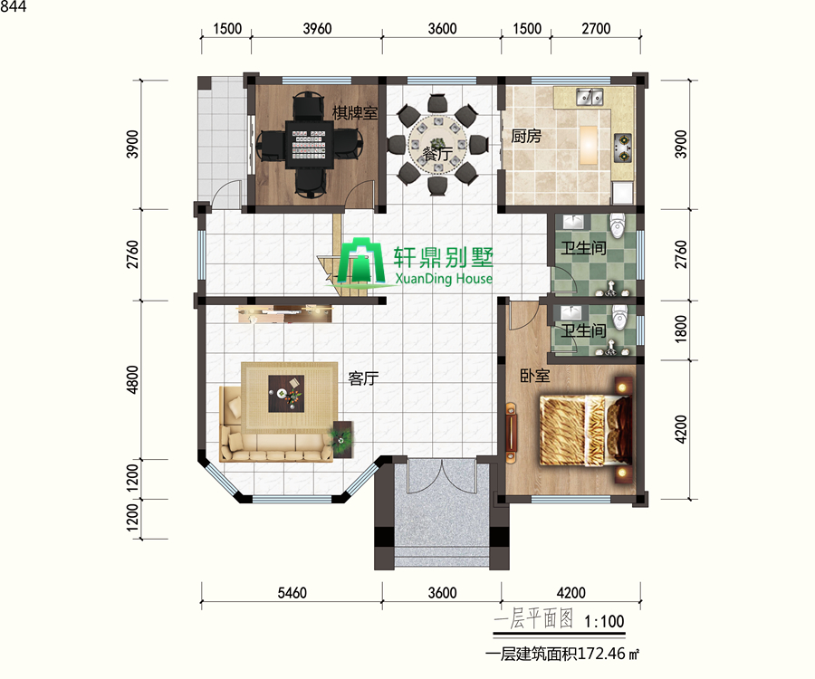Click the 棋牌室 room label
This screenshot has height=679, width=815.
tap(355, 112)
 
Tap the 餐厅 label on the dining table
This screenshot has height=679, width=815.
tap(437, 153)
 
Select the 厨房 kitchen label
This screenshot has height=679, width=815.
tap(526, 136)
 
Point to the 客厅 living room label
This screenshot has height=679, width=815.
tap(363, 378)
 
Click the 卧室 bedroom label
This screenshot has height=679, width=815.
tap(535, 375)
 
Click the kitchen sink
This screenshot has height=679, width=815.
tap(590, 97)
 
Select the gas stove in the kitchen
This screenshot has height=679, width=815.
tap(623, 147)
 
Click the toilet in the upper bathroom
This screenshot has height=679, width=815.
tap(618, 225)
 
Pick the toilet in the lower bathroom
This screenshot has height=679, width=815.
tap(619, 316)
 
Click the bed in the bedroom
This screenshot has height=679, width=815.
tap(586, 430)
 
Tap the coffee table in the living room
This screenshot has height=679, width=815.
tap(286, 393)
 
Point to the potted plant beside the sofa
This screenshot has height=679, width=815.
tap(341, 439)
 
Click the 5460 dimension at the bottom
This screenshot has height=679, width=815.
tap(292, 593)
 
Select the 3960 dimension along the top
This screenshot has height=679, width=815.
tap(317, 29)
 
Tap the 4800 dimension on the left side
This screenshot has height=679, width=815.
tap(133, 379)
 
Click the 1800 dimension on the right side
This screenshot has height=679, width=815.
tap(681, 330)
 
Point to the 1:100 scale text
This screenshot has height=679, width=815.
tap(604, 621)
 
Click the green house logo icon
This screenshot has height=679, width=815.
tap(361, 261)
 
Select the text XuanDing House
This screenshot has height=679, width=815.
tap(444, 279)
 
